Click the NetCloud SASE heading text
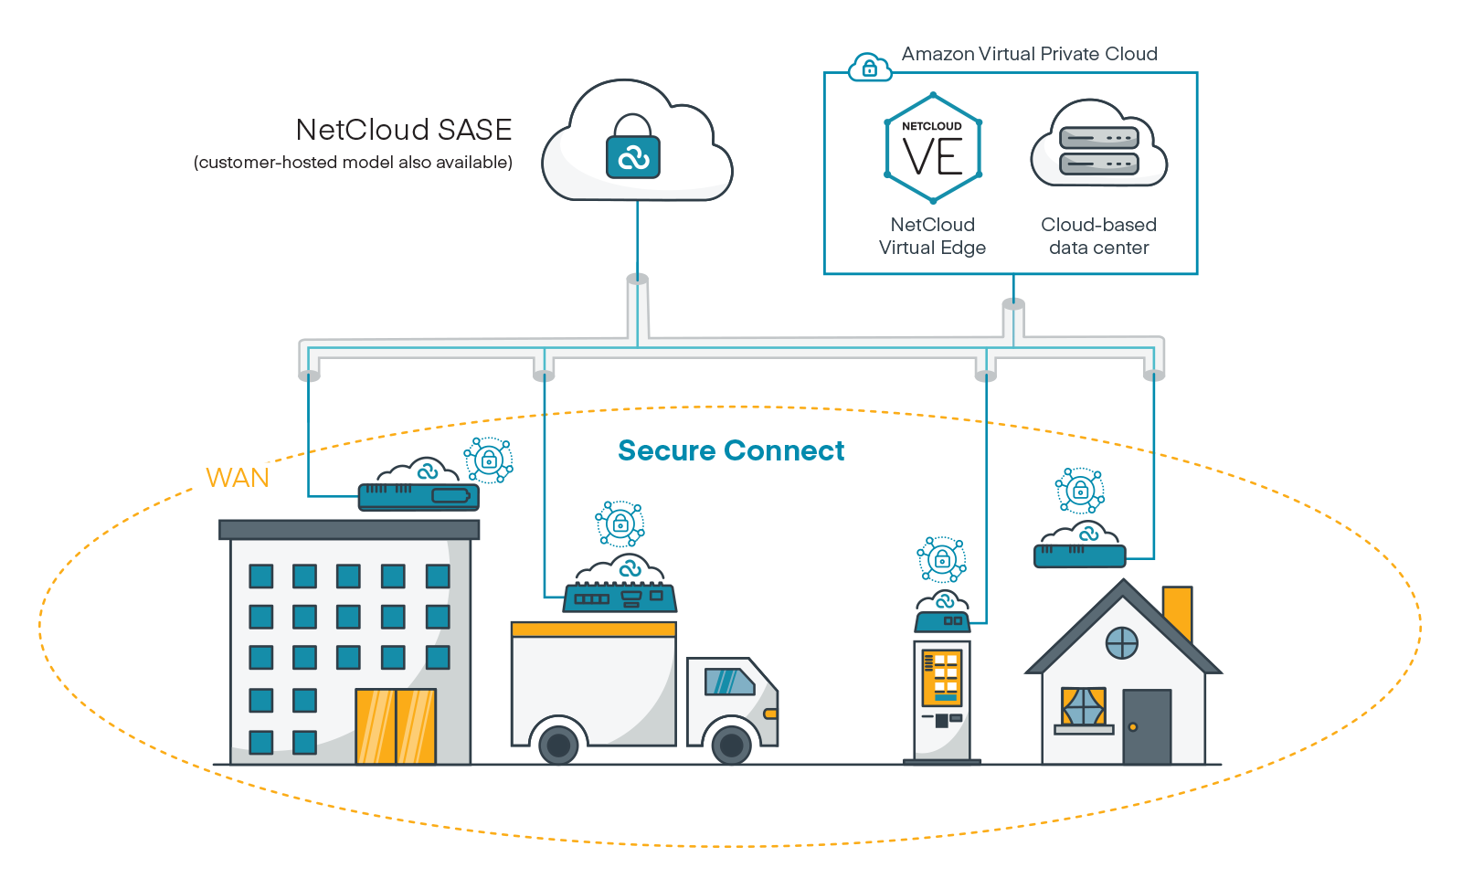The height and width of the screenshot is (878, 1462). [403, 130]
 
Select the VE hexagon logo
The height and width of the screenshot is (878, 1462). [933, 149]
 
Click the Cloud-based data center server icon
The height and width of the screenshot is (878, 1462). [1098, 150]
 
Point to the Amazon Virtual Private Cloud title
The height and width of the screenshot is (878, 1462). [1029, 54]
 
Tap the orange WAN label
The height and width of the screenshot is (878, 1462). [238, 478]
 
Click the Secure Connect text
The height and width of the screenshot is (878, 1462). [731, 450]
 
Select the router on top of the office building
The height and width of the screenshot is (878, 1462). [418, 496]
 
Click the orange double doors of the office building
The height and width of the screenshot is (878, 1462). [396, 725]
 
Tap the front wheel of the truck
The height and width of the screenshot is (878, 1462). [731, 745]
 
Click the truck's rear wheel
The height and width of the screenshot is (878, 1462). [558, 745]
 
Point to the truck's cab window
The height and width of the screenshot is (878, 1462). [728, 682]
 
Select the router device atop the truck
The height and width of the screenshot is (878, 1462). [620, 598]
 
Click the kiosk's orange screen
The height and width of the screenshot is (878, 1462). [941, 677]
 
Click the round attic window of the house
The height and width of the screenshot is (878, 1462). [1121, 643]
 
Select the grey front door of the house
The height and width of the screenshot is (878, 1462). [1147, 726]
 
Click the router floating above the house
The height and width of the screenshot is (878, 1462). [1079, 555]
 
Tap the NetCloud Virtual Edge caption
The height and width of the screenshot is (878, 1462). [932, 236]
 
